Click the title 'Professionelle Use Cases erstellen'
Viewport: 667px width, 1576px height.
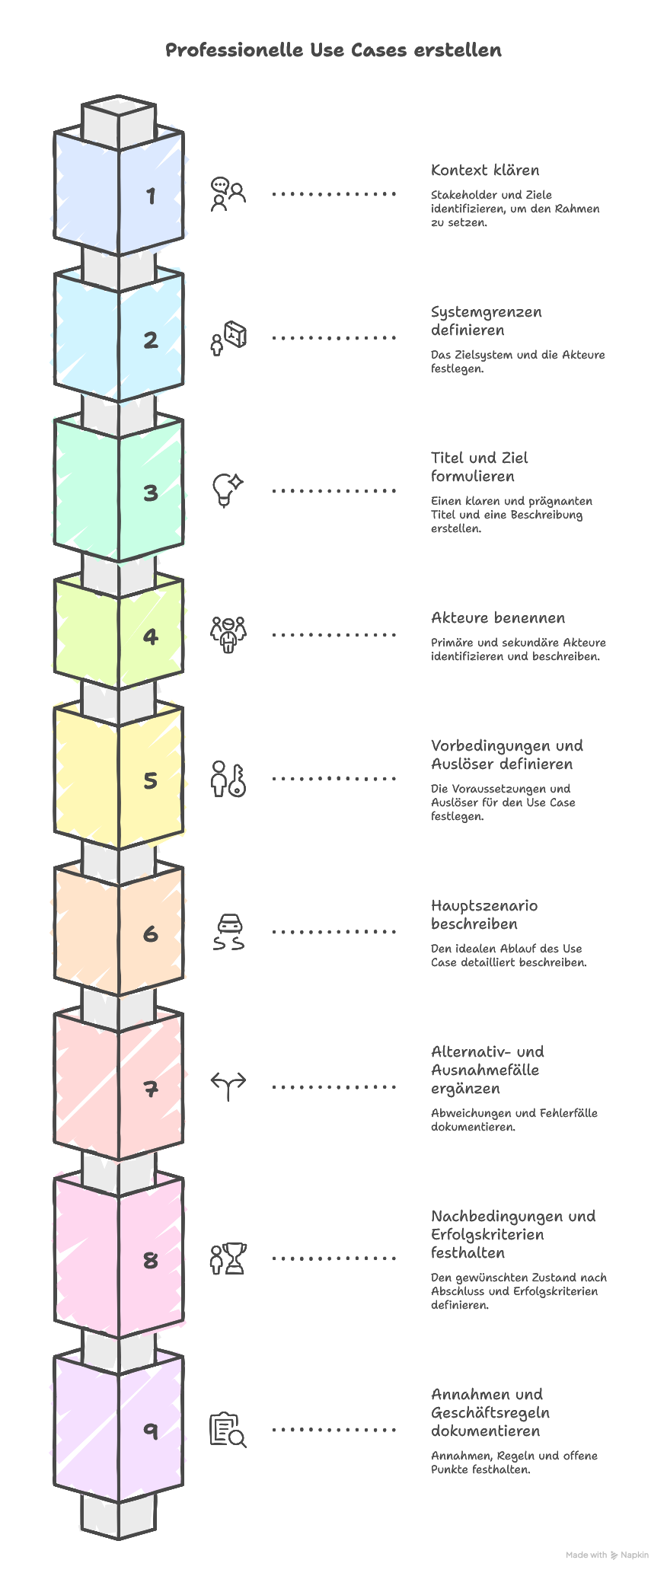pos(333,50)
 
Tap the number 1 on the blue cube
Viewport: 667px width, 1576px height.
pos(151,196)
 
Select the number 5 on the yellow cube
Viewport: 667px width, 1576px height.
pos(151,780)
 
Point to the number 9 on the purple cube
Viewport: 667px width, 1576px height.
pos(151,1431)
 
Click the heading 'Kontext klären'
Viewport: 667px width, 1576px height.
pos(485,171)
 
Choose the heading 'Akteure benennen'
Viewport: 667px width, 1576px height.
pos(498,618)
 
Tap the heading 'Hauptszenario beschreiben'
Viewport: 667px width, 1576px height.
pos(484,915)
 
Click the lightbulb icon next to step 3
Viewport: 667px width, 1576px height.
pos(227,490)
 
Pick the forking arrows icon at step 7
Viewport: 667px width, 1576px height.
pos(228,1086)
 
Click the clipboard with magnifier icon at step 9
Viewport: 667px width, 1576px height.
pos(228,1430)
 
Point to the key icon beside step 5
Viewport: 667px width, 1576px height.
pos(238,780)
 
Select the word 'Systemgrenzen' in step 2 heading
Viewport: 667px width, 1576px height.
pos(486,312)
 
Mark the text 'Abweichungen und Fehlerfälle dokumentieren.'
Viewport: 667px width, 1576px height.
pos(514,1120)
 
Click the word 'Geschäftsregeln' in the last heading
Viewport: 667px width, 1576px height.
pos(490,1413)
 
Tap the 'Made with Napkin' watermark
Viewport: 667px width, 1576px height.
pos(607,1555)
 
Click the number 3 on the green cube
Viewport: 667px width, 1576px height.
pos(151,493)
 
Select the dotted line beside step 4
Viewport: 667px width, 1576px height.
pos(333,634)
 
